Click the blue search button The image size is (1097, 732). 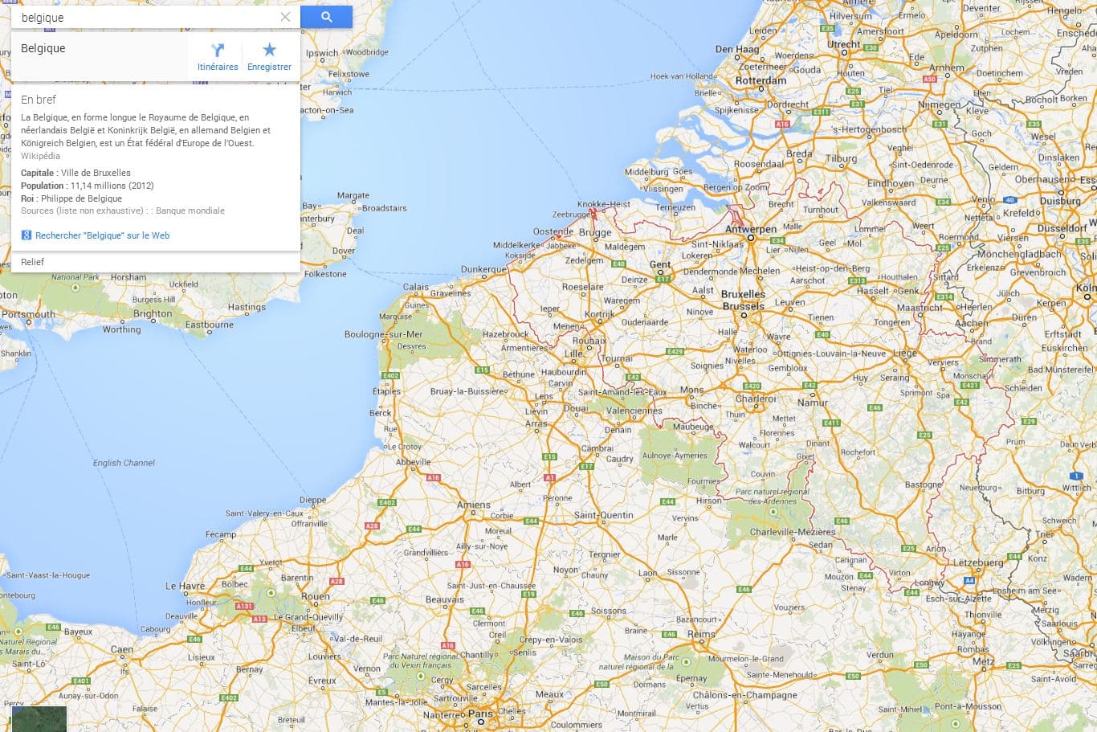click(326, 17)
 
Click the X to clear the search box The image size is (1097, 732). click(285, 17)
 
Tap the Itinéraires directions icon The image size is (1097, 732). click(218, 51)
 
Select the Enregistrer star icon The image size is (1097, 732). click(269, 51)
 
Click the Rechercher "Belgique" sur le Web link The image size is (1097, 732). click(102, 235)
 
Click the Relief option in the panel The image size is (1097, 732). click(33, 262)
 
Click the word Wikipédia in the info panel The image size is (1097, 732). click(40, 156)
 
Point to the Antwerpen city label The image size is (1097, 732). click(751, 229)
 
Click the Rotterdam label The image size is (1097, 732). click(761, 80)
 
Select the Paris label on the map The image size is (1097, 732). click(480, 714)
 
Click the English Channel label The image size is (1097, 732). click(124, 463)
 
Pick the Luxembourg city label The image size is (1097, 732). click(978, 563)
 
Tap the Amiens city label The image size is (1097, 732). click(474, 505)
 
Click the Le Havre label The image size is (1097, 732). click(185, 586)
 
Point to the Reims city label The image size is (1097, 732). click(701, 634)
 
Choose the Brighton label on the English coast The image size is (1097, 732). click(153, 313)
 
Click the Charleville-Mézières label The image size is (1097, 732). click(793, 532)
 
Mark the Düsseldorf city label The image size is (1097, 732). click(1062, 228)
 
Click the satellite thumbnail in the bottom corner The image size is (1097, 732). click(39, 718)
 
